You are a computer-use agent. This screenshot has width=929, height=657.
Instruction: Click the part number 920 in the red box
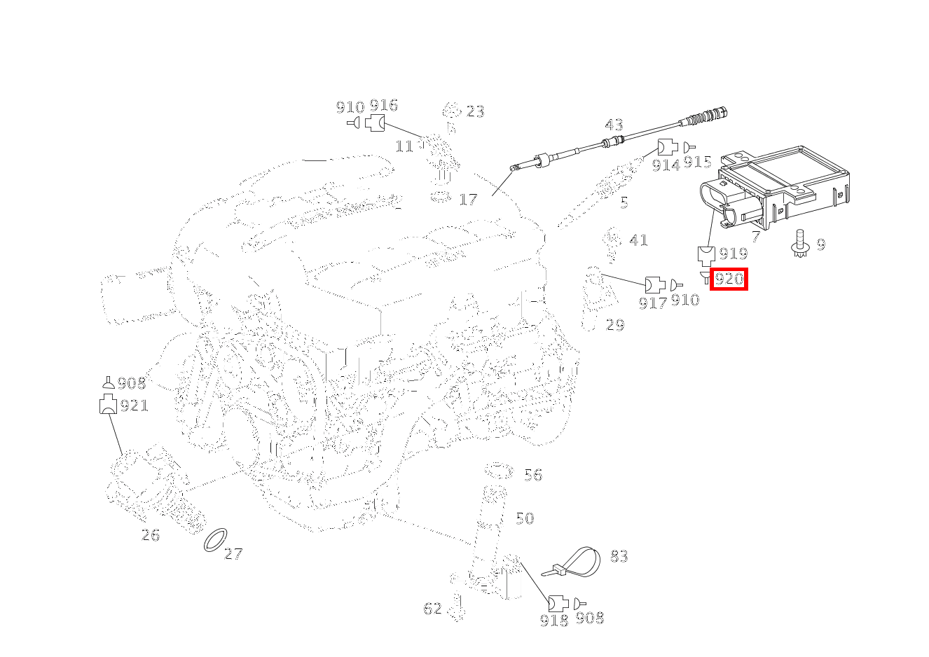pyautogui.click(x=729, y=279)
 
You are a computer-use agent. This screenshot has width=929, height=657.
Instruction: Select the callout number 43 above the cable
pyautogui.click(x=614, y=125)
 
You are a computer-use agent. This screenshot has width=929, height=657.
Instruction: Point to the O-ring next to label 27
pyautogui.click(x=215, y=540)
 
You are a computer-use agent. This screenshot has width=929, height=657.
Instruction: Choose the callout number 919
pyautogui.click(x=733, y=254)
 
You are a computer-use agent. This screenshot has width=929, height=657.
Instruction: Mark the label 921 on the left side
pyautogui.click(x=134, y=406)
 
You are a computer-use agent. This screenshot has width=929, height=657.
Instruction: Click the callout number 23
pyautogui.click(x=475, y=111)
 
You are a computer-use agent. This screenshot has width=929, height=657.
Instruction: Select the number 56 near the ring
pyautogui.click(x=533, y=475)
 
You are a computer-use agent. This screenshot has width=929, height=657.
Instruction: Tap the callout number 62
pyautogui.click(x=432, y=609)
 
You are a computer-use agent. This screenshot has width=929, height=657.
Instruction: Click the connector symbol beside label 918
pyautogui.click(x=557, y=602)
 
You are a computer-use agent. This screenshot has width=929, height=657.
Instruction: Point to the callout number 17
pyautogui.click(x=467, y=200)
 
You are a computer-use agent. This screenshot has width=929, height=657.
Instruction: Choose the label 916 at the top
pyautogui.click(x=383, y=106)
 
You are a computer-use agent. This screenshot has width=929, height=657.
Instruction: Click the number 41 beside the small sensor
pyautogui.click(x=638, y=240)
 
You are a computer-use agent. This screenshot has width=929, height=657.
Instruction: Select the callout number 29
pyautogui.click(x=614, y=325)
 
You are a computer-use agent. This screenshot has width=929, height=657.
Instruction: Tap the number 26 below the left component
pyautogui.click(x=151, y=535)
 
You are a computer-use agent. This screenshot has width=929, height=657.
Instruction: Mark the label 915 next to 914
pyautogui.click(x=697, y=162)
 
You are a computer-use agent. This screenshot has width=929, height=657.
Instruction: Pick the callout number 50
pyautogui.click(x=524, y=518)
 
